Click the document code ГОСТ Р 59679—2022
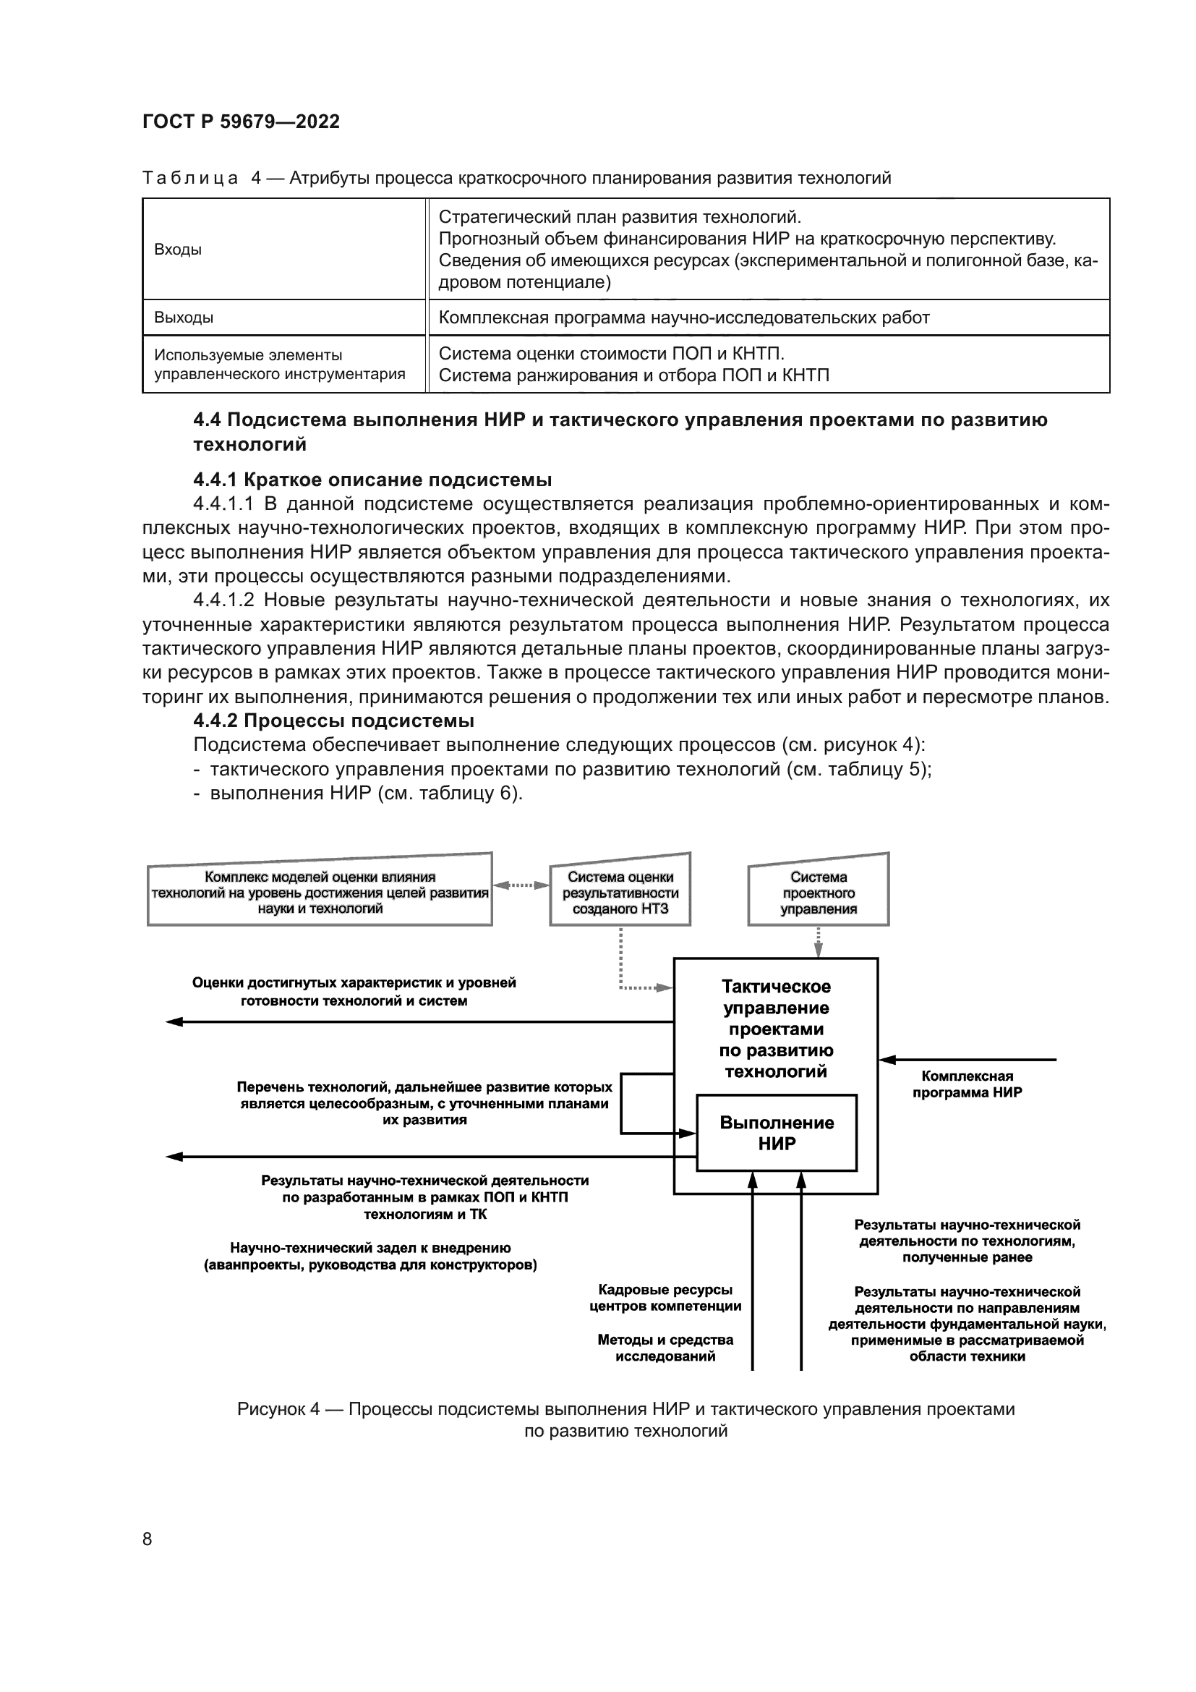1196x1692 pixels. pos(241,122)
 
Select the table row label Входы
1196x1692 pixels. pos(177,250)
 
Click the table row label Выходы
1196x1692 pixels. pos(184,318)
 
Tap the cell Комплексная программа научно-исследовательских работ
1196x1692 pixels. pos(683,318)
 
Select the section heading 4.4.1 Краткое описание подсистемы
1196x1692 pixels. pos(372,480)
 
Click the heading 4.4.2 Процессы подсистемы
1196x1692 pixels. pos(333,720)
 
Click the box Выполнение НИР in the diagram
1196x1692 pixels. pos(776,1133)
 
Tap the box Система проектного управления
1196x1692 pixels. pos(819,893)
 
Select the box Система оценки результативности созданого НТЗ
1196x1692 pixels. pos(620,893)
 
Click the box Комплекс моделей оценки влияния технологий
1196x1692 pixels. pos(320,893)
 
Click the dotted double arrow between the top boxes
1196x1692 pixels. pos(521,885)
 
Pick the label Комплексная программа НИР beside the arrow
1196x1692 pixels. pos(966,1084)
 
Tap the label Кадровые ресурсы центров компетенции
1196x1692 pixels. pos(665,1298)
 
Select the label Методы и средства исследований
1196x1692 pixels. pos(665,1348)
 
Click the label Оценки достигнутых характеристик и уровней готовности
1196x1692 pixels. pos(354,991)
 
